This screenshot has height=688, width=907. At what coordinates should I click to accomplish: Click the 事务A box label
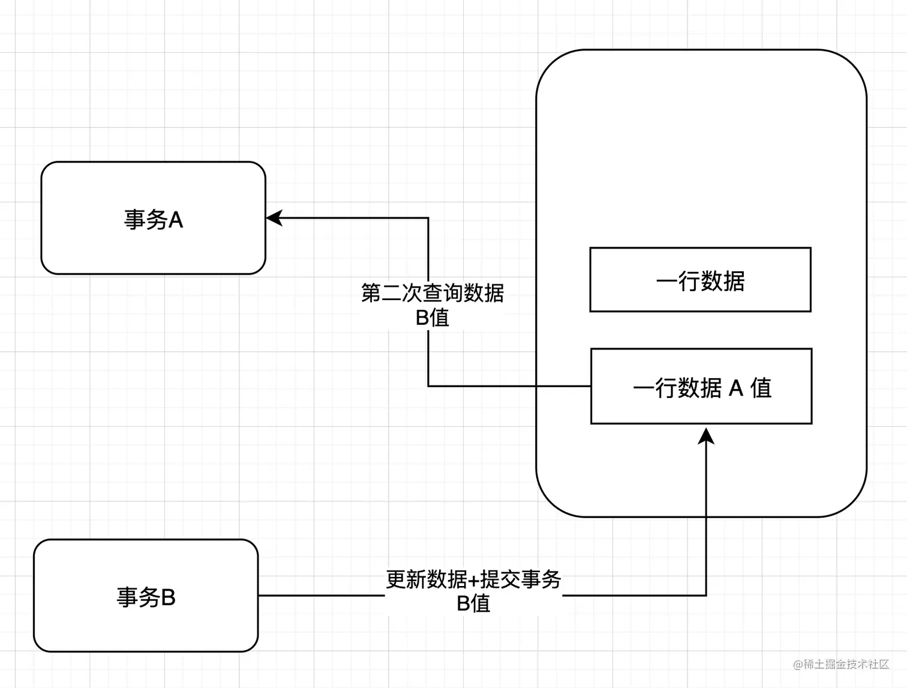tap(154, 220)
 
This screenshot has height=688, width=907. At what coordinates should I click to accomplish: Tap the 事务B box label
tap(146, 597)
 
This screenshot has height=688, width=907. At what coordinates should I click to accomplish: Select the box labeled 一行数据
tap(700, 280)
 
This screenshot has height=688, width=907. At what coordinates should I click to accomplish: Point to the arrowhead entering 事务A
tap(274, 218)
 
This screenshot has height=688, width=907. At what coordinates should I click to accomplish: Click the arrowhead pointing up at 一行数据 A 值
tap(707, 435)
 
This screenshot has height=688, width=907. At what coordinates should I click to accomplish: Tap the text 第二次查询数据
tap(433, 293)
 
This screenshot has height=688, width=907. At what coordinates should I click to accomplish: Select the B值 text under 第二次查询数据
tap(433, 318)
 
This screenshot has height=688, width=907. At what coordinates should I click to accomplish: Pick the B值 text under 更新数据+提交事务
tap(473, 603)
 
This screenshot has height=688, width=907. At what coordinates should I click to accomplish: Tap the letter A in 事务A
tap(175, 220)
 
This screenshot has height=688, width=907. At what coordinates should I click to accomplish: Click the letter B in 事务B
tap(168, 597)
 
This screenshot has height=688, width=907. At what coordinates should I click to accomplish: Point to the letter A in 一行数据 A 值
tap(736, 388)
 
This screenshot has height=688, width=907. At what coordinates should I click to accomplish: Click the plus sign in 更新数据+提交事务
tap(474, 580)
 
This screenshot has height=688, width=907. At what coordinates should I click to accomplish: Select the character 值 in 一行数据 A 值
tap(761, 388)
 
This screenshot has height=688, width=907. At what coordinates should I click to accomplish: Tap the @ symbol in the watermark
tap(798, 665)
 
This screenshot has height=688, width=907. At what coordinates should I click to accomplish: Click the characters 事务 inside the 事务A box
tap(145, 220)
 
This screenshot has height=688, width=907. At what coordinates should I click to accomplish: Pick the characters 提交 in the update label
tap(500, 579)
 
